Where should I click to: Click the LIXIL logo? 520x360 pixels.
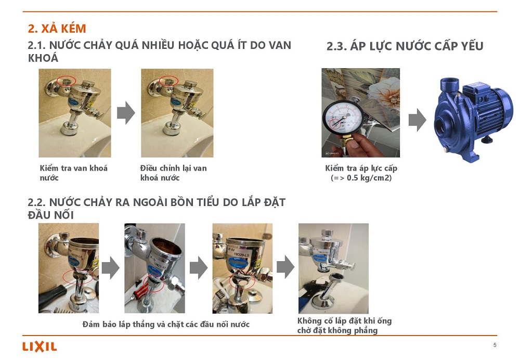pos(40,346)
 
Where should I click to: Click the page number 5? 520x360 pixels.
pos(495,345)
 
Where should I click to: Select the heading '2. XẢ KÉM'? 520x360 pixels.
pos(57,29)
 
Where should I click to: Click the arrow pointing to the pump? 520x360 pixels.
pos(417,120)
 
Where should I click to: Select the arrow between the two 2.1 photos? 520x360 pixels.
pos(126,113)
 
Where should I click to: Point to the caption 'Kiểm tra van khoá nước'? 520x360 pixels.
pos(74,173)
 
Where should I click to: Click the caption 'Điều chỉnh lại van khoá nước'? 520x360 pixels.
pos(174,173)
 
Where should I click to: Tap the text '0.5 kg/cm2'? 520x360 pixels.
pos(369,178)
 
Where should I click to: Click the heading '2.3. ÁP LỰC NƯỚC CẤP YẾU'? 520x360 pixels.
pos(405,46)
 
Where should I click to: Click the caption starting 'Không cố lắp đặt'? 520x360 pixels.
pos(345,326)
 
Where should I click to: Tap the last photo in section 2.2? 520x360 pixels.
pos(333,268)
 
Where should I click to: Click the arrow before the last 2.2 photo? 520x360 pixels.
pos(285,266)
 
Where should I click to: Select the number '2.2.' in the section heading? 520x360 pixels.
pos(37,202)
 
